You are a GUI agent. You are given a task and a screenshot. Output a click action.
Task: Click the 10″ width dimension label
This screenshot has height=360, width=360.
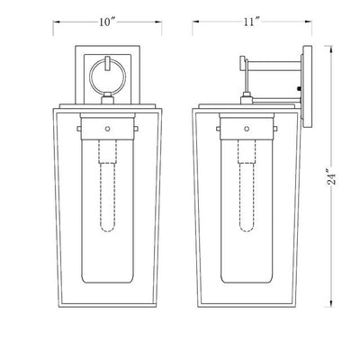107,22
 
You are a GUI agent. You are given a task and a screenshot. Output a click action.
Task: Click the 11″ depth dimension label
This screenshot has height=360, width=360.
251,22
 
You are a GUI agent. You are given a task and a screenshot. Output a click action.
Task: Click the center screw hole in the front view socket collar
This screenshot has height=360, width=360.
107,129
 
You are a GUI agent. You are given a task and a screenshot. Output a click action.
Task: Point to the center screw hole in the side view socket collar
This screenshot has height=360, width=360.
247,129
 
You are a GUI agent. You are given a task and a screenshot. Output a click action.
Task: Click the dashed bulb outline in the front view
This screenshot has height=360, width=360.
107,186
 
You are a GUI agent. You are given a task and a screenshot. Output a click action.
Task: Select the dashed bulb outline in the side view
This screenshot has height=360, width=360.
247,186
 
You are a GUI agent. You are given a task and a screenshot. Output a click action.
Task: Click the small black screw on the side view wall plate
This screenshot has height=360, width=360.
299,88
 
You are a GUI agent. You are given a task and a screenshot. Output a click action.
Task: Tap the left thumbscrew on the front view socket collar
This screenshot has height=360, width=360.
79,129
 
